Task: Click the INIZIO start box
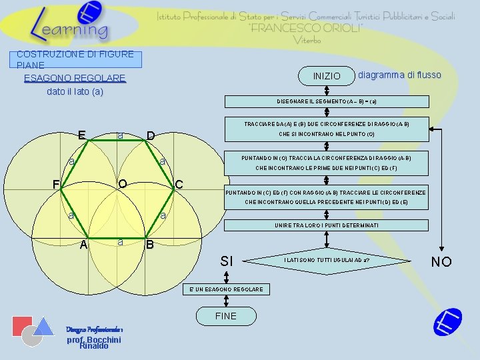point(326,76)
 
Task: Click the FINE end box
point(225,315)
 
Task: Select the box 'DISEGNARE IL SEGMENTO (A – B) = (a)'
point(326,101)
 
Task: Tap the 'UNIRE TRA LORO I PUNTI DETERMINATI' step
point(326,226)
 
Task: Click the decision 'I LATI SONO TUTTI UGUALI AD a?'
point(327,259)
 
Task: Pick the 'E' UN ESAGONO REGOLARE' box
point(225,289)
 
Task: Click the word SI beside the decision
point(227,261)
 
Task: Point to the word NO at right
point(441,261)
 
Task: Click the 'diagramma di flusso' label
point(399,75)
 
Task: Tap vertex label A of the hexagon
point(83,245)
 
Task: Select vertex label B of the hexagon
point(150,245)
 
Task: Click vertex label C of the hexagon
point(179,185)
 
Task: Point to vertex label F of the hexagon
point(57,185)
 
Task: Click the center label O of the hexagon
point(123,184)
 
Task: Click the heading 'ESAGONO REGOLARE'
point(75,79)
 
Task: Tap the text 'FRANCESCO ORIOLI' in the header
point(306,28)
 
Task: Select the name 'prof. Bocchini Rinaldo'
point(93,342)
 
